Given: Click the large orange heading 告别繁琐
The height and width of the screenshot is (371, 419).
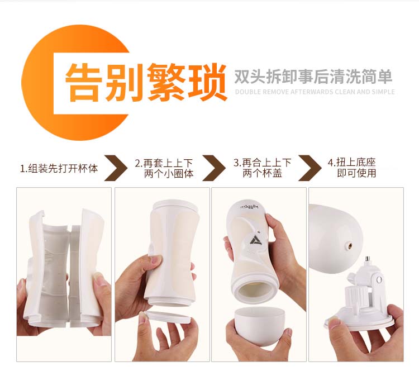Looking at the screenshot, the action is [x=146, y=82].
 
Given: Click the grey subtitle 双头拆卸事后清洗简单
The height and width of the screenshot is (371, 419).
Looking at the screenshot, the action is [x=313, y=77].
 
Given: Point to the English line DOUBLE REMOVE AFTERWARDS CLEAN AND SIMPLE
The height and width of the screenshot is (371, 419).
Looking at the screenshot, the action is [x=315, y=92].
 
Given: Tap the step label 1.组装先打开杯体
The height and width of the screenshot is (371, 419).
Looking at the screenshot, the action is [x=59, y=169].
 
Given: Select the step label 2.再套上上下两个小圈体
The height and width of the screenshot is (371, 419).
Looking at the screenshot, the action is [x=164, y=168].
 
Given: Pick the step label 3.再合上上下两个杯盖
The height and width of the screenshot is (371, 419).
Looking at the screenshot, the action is [x=262, y=168].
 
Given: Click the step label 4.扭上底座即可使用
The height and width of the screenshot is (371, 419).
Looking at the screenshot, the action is [x=352, y=168].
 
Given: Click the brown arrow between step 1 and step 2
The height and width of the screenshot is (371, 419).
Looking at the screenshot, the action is [x=116, y=168].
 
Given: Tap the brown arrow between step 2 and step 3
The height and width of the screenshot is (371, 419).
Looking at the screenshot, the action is [x=214, y=168].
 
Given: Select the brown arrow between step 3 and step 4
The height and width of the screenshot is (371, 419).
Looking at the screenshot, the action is [x=310, y=168].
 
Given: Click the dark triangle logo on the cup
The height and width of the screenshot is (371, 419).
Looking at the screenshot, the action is [x=255, y=240].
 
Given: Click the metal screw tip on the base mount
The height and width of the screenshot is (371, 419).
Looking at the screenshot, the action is [x=368, y=259].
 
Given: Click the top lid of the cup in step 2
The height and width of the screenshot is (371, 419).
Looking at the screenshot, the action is [x=175, y=206].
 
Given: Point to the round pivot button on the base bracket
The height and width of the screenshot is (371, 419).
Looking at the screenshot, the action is [x=379, y=280].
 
